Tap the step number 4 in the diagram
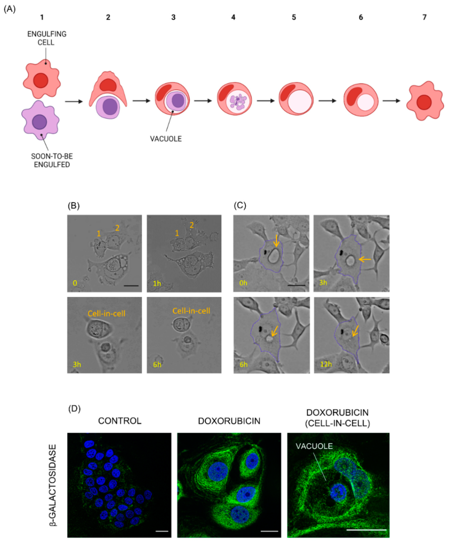click(233, 17)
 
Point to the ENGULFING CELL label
click(47, 38)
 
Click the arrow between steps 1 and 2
click(74, 101)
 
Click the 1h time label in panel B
click(157, 283)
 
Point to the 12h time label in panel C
click(326, 364)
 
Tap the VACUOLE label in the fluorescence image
click(314, 446)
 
